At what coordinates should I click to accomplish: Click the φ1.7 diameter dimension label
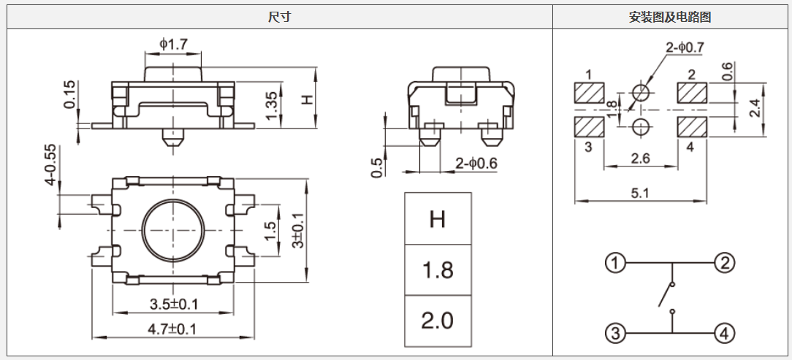pyautogui.click(x=174, y=45)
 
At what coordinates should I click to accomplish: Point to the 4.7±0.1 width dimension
pyautogui.click(x=172, y=329)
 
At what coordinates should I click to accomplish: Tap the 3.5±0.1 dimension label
pyautogui.click(x=174, y=303)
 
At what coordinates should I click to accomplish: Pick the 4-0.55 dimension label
pyautogui.click(x=50, y=165)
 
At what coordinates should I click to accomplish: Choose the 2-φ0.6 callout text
pyautogui.click(x=476, y=163)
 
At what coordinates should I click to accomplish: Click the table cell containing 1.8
pyautogui.click(x=438, y=270)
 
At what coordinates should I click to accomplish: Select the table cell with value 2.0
pyautogui.click(x=438, y=321)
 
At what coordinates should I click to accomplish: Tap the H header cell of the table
pyautogui.click(x=438, y=219)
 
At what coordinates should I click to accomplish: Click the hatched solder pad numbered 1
pyautogui.click(x=590, y=93)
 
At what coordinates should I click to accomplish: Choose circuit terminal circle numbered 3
pyautogui.click(x=615, y=334)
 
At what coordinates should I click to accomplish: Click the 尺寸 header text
pyautogui.click(x=280, y=18)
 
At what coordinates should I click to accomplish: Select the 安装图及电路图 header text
pyautogui.click(x=670, y=18)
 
